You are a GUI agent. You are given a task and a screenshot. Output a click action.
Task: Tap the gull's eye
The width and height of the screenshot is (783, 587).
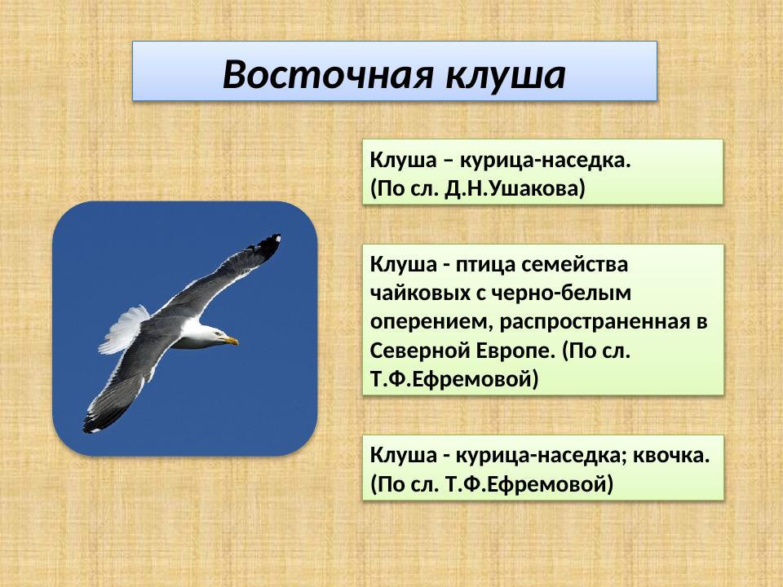pos(218,333)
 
